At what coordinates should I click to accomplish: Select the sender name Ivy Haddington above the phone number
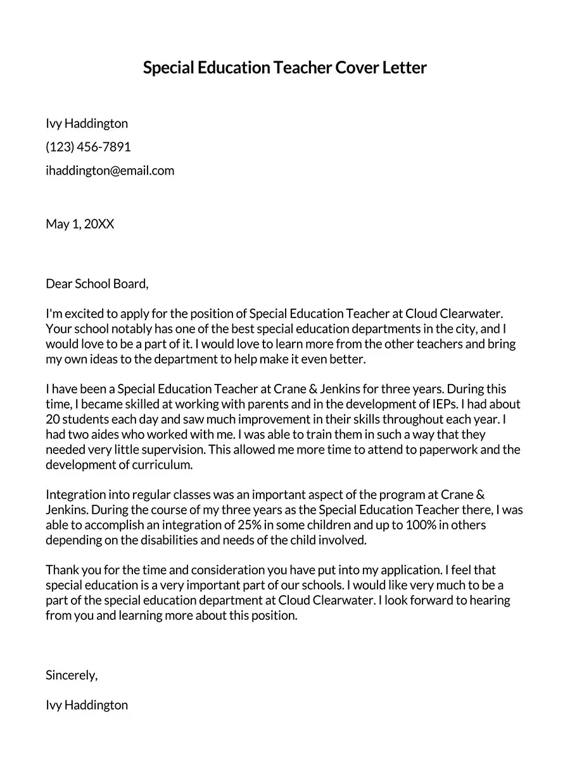(x=87, y=123)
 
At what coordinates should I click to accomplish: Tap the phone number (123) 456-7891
(x=88, y=147)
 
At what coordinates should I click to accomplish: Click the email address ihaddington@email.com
(x=110, y=170)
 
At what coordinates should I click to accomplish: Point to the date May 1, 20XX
(x=80, y=224)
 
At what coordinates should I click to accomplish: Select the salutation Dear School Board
(x=96, y=283)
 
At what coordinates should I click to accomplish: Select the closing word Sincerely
(x=71, y=675)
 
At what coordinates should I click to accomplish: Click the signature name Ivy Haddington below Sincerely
(x=87, y=705)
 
